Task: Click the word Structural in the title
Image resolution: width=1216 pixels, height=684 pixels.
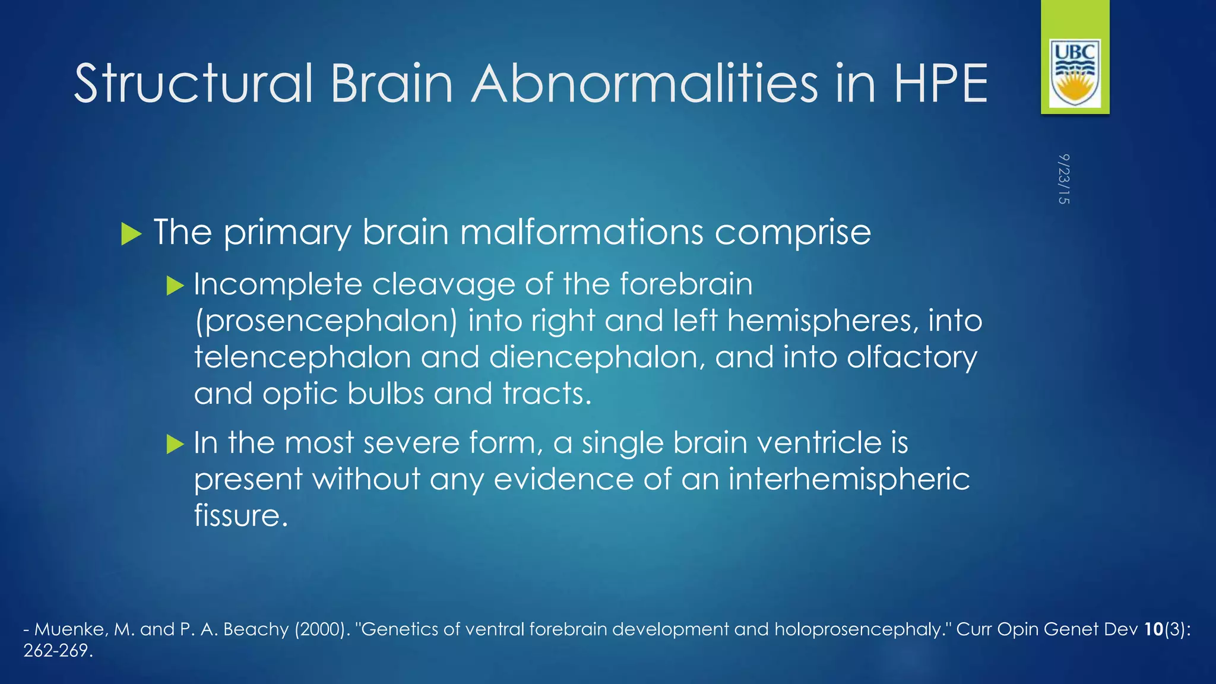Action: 193,84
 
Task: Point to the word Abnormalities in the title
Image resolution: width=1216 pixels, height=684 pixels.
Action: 645,84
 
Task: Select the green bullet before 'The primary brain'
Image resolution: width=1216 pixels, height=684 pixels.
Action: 131,234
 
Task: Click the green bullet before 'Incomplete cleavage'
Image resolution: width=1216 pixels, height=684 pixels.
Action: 175,286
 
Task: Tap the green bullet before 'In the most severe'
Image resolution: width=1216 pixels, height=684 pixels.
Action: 175,444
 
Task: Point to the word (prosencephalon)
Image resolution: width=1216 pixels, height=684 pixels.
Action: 326,321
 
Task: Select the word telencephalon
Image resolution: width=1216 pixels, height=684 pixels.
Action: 302,357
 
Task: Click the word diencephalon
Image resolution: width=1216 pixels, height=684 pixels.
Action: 597,357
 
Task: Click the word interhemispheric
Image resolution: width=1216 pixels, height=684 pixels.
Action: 848,479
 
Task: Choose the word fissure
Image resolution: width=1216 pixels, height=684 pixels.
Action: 240,515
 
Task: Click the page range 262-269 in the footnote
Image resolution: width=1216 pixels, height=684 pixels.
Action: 58,651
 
